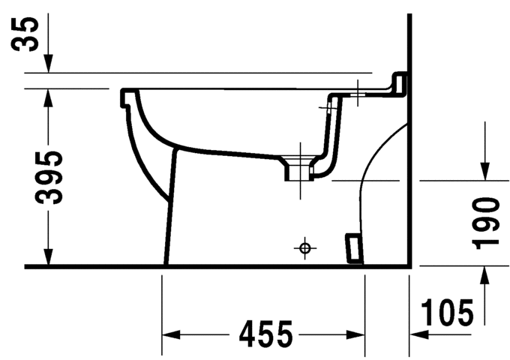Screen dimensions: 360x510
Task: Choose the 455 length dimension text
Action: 265,333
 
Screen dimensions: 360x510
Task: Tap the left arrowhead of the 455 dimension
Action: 172,332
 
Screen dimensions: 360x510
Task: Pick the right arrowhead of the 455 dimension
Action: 355,332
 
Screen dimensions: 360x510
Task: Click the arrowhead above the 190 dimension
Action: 485,172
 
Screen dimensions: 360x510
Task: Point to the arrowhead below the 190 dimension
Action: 485,275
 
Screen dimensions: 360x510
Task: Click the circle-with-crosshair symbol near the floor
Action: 304,247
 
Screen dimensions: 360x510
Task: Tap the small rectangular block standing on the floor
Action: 353,247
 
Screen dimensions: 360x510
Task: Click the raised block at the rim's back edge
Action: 400,82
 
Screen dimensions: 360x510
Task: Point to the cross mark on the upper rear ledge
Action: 358,94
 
